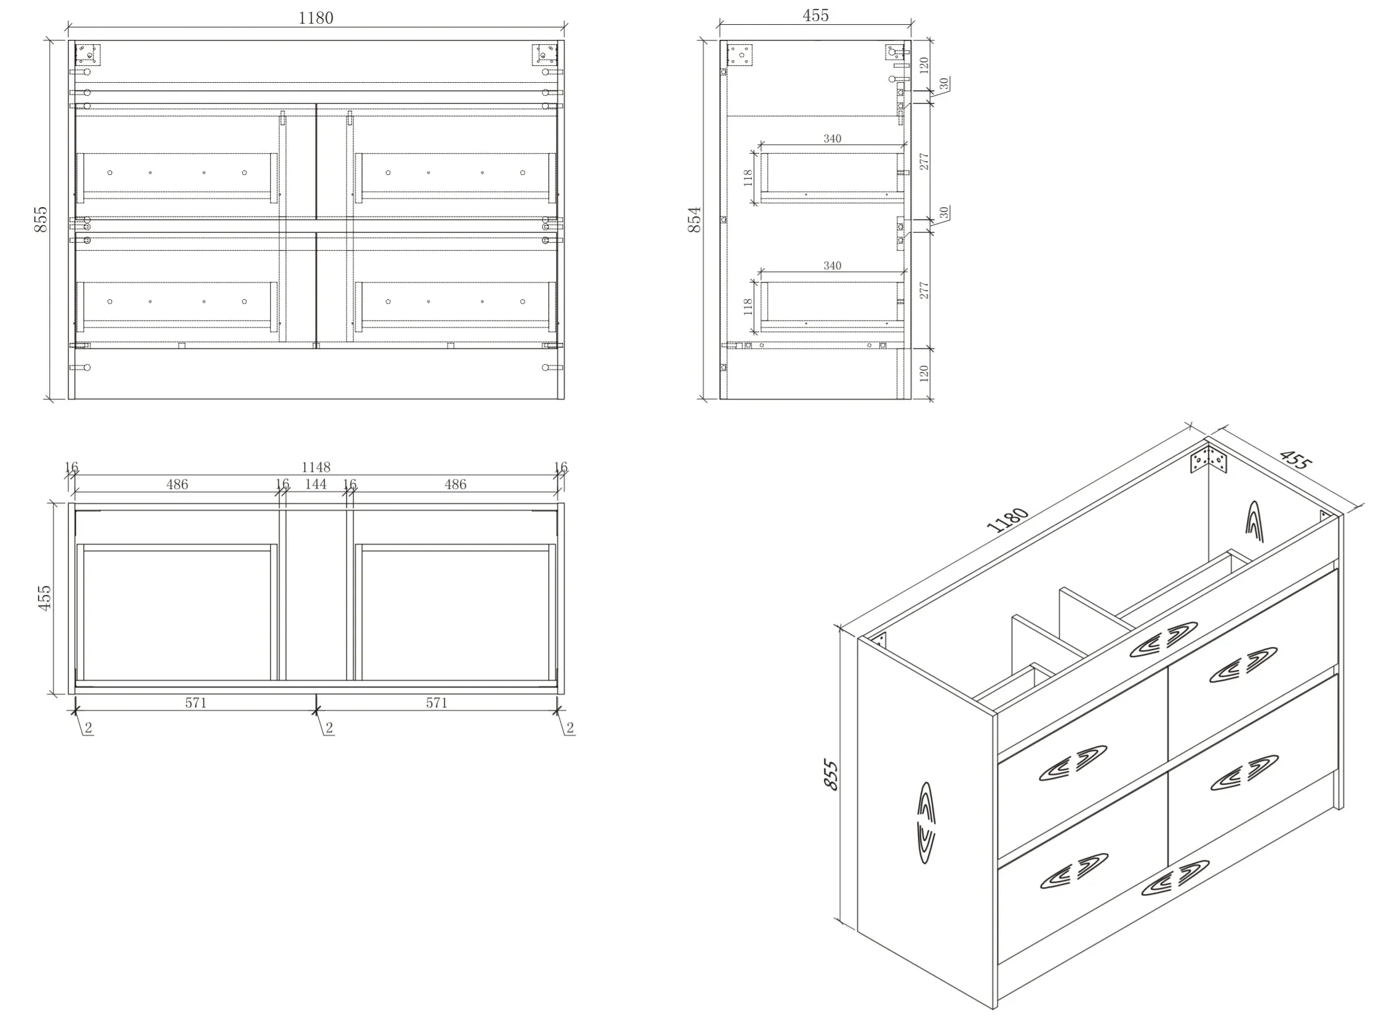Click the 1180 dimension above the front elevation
[x=315, y=17]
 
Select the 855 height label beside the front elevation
[x=40, y=219]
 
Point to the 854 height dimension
[x=694, y=220]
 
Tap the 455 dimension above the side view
[x=816, y=16]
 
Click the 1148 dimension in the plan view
[x=315, y=467]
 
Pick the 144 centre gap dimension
[x=315, y=484]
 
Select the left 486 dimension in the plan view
[x=177, y=484]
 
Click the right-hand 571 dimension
[x=436, y=703]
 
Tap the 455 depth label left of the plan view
[x=44, y=598]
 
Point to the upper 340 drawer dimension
[x=832, y=138]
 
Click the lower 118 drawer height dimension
[x=747, y=307]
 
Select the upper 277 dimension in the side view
[x=924, y=162]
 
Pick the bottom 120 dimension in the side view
[x=924, y=373]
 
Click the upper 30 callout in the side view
[x=944, y=83]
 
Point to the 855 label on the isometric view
[x=830, y=774]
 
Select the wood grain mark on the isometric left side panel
[x=926, y=823]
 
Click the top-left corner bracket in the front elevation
[x=88, y=54]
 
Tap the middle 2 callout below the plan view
[x=329, y=727]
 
